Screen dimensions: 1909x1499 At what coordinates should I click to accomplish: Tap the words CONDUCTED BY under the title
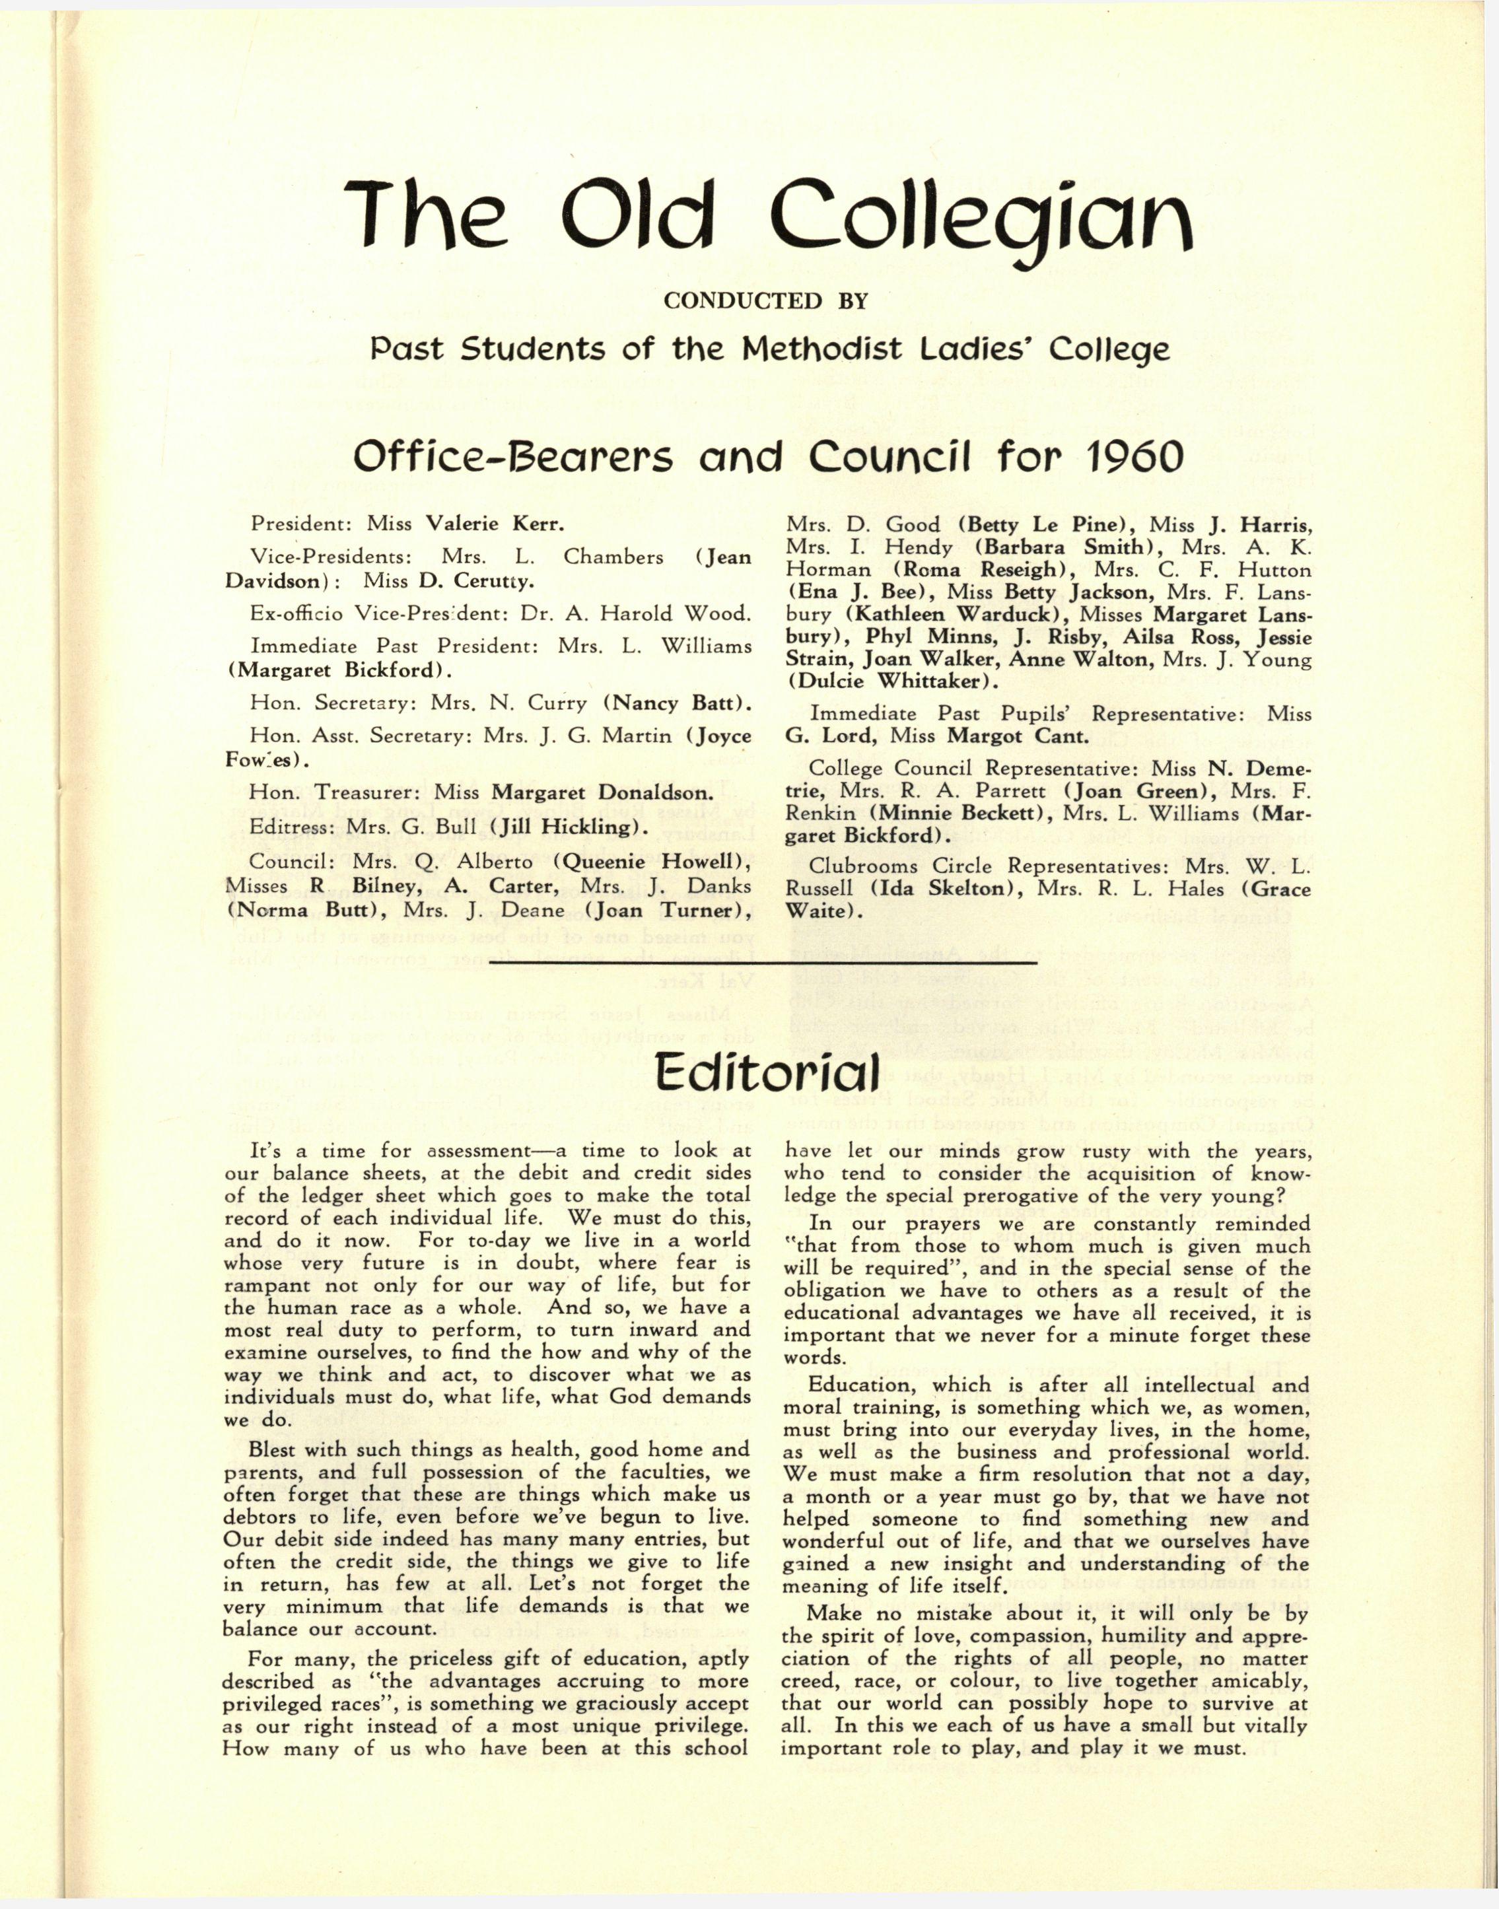tap(765, 301)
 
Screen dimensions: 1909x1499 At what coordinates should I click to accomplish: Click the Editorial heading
tap(767, 1072)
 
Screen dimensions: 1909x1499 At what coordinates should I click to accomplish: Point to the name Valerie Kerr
tap(494, 524)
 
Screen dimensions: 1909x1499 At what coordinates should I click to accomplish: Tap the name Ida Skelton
tap(944, 888)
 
